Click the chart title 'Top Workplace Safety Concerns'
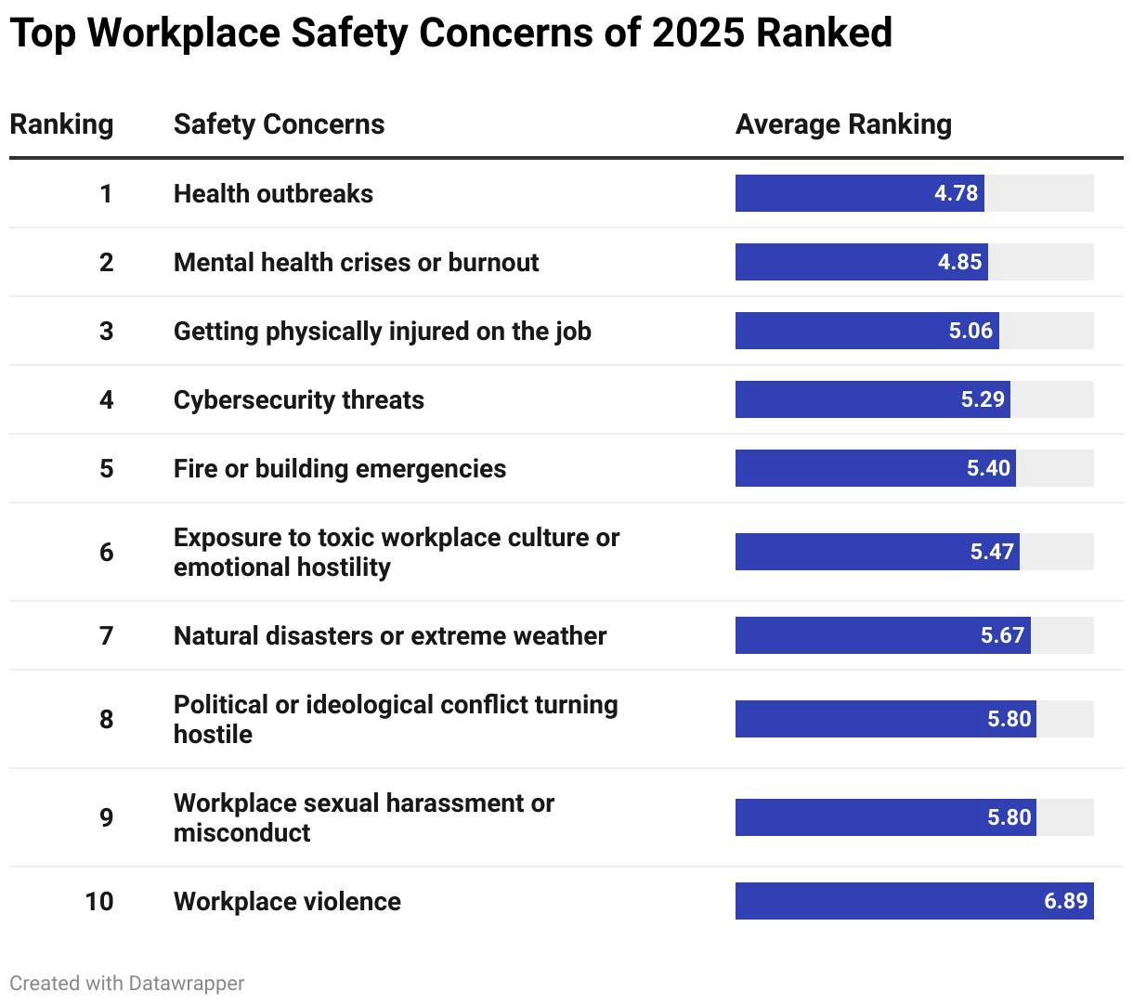tap(450, 33)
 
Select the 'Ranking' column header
tap(61, 124)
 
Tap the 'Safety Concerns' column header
tap(279, 124)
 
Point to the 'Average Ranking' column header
tap(843, 124)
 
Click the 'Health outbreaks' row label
tap(273, 193)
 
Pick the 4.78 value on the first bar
tap(956, 193)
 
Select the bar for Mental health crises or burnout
tap(861, 262)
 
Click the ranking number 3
tap(106, 331)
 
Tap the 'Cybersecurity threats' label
tap(298, 399)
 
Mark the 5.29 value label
tap(983, 399)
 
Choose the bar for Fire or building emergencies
tap(875, 468)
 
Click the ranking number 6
tap(106, 552)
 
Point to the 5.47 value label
tap(992, 552)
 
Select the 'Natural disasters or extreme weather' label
tap(389, 635)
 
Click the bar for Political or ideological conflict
tap(885, 719)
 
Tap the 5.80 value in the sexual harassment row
tap(1009, 817)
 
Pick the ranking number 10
tap(99, 901)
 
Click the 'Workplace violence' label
tap(287, 901)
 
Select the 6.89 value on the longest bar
tap(1065, 901)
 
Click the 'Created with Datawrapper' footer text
tap(127, 983)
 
